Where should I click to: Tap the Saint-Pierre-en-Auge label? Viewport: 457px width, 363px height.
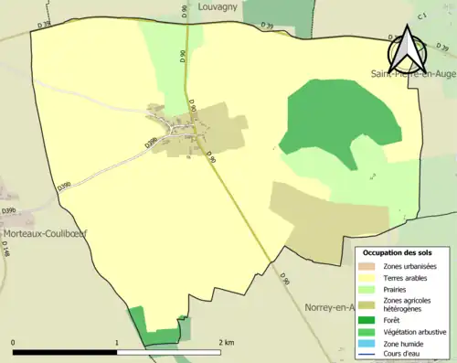click(413, 72)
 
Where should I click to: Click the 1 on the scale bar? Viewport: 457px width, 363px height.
click(117, 343)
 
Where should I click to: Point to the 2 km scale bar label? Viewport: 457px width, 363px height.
click(226, 343)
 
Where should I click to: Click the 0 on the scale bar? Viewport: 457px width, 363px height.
click(14, 343)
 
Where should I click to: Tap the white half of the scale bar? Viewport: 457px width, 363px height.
click(169, 353)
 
